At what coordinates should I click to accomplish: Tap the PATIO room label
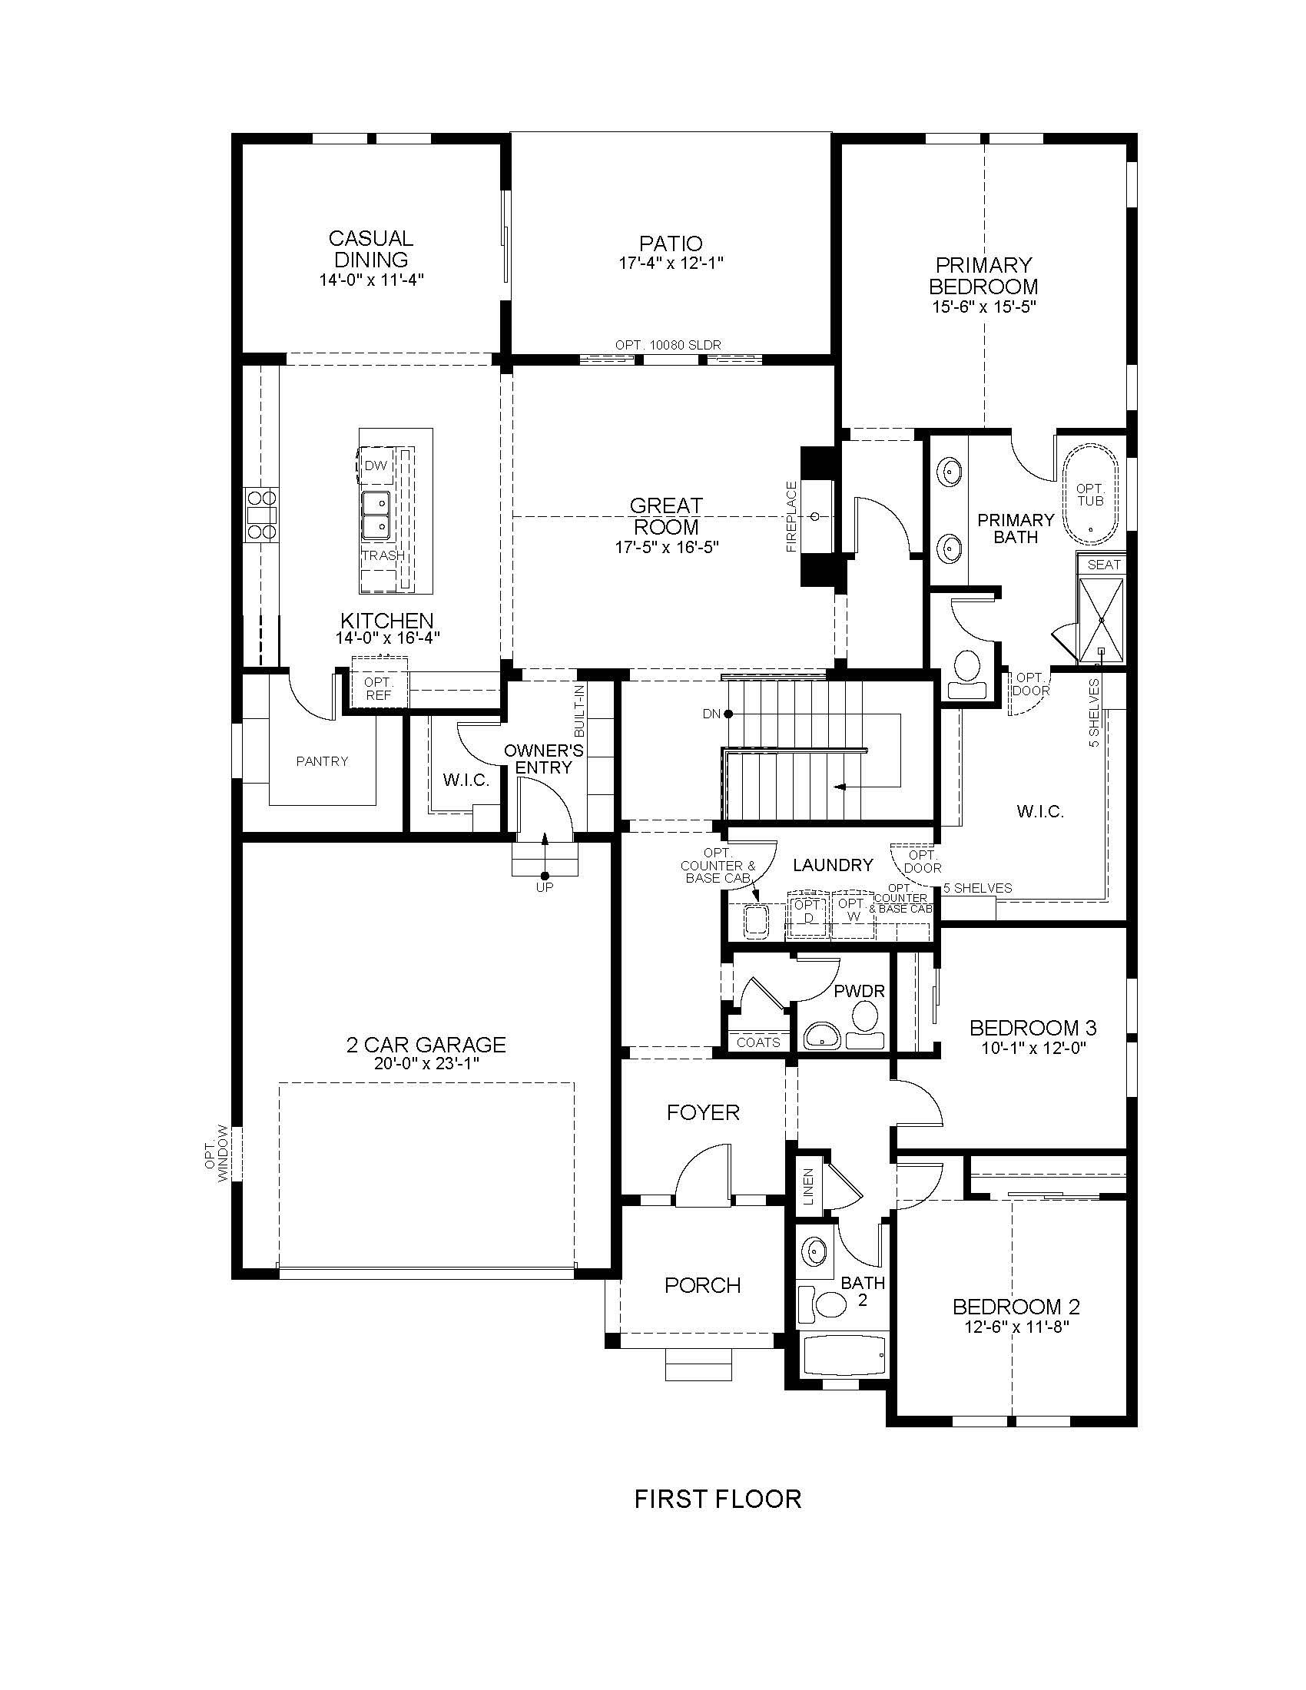pos(671,244)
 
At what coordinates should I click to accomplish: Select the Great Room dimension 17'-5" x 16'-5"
pos(667,547)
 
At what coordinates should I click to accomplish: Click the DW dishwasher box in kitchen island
pos(376,466)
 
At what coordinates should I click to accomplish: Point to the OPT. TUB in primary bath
pos(1090,495)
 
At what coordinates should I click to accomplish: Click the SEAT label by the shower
pos(1103,565)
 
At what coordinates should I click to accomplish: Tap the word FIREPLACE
pos(791,516)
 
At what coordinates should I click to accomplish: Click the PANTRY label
pos(322,761)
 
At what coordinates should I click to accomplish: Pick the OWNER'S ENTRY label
pos(543,759)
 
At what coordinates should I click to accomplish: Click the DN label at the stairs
pos(711,714)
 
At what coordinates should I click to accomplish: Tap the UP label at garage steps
pos(545,888)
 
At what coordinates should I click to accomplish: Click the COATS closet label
pos(758,1042)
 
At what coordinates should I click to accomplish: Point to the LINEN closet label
pos(808,1187)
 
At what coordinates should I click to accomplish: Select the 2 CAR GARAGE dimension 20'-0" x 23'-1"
pos(426,1064)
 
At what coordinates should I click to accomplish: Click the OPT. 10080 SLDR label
pos(668,344)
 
